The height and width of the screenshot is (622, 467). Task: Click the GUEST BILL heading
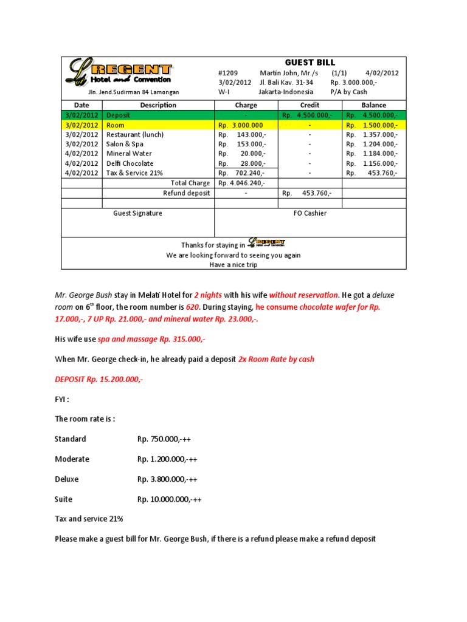point(310,63)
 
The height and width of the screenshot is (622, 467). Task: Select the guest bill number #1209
point(228,73)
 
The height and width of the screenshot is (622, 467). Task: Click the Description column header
point(158,105)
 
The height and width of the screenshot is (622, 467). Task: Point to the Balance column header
point(373,105)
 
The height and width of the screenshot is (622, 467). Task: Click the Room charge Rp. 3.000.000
point(241,125)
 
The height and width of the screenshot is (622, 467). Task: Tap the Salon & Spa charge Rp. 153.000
point(243,144)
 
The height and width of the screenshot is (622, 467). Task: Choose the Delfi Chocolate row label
point(130,163)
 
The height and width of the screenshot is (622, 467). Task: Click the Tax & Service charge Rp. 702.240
point(243,173)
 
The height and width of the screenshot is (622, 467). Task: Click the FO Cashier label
point(310,213)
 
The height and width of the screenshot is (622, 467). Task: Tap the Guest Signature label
point(138,213)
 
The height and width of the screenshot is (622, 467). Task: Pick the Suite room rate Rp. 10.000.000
point(170,499)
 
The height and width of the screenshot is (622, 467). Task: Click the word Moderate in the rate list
point(72,459)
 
